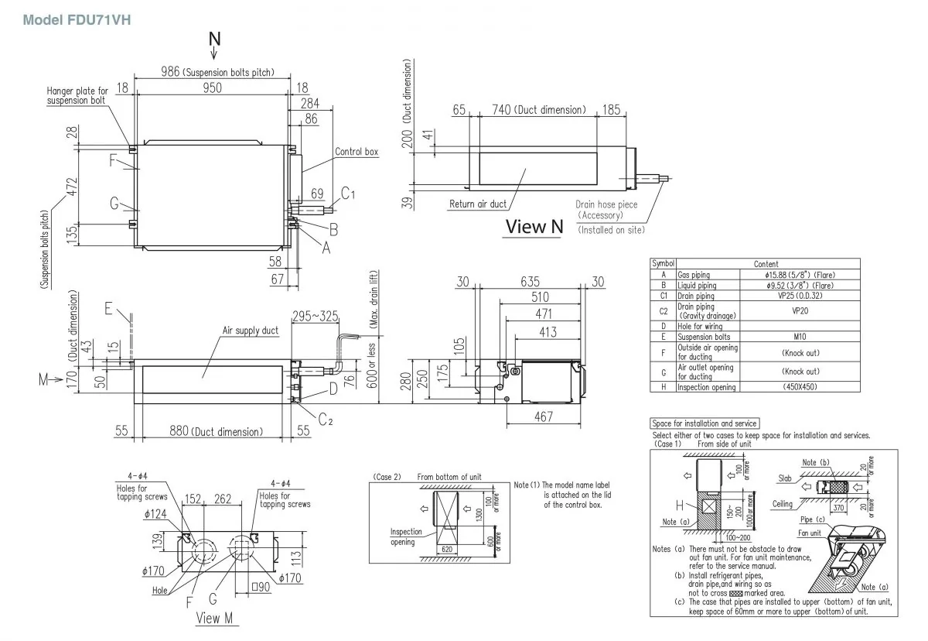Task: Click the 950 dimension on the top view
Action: pyautogui.click(x=213, y=88)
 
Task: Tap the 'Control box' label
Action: pyautogui.click(x=357, y=152)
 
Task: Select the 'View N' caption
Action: pyautogui.click(x=534, y=226)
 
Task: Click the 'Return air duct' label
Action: pyautogui.click(x=478, y=204)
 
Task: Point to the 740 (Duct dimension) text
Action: pyautogui.click(x=538, y=110)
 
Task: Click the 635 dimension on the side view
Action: pyautogui.click(x=530, y=282)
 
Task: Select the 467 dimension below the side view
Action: pyautogui.click(x=544, y=417)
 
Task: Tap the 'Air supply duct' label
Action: pyautogui.click(x=251, y=331)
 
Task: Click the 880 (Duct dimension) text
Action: pyautogui.click(x=215, y=431)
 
